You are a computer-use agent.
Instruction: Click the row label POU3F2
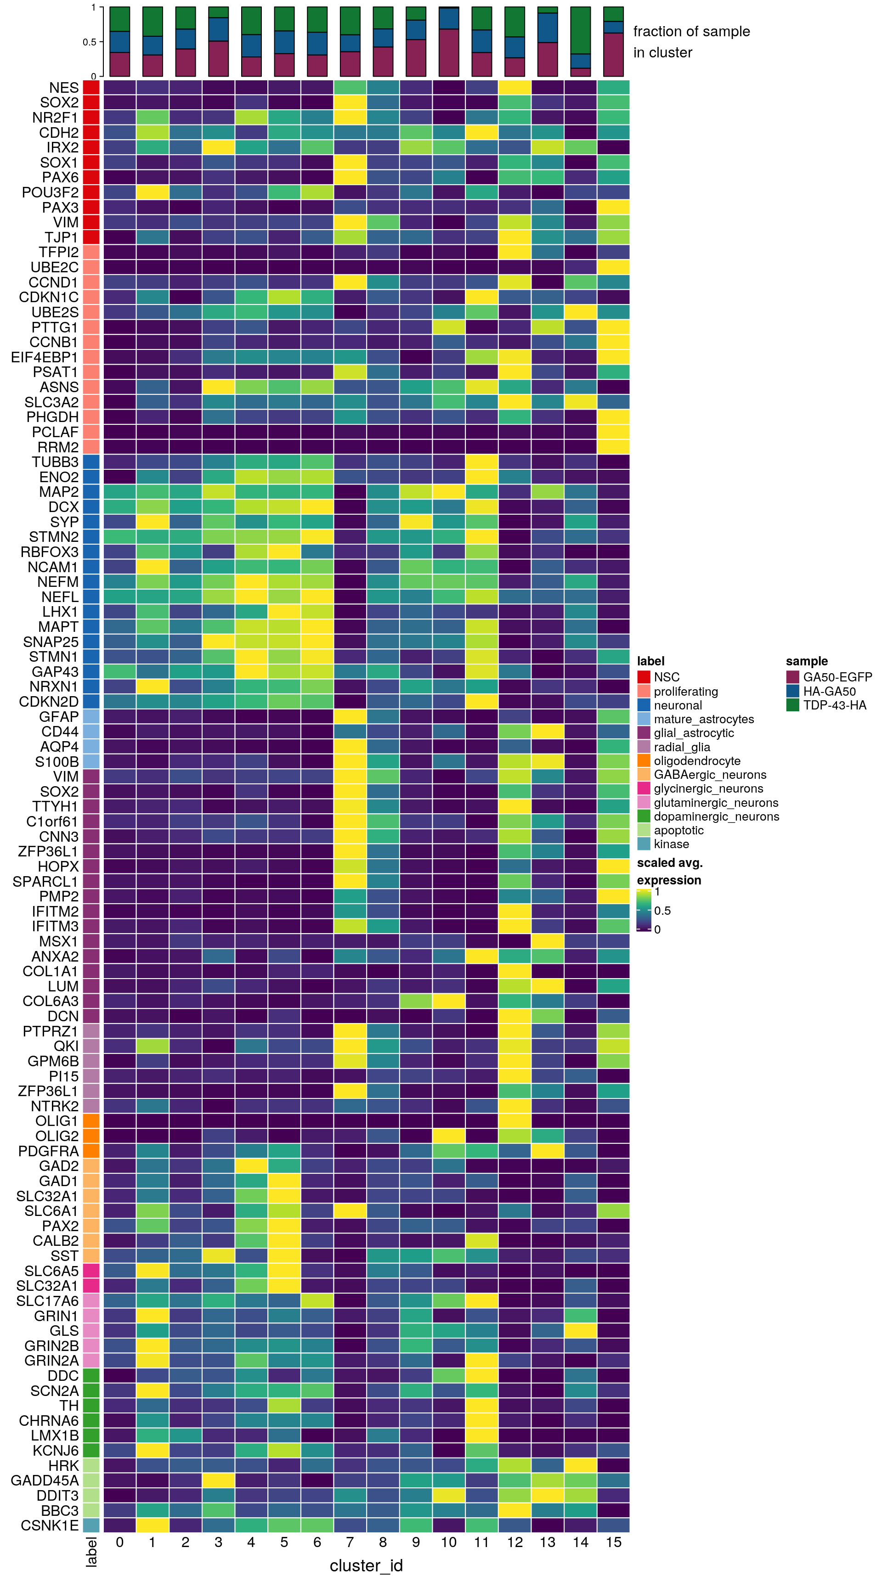click(x=50, y=192)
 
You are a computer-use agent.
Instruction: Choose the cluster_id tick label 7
click(x=350, y=1542)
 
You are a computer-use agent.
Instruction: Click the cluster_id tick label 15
click(x=613, y=1542)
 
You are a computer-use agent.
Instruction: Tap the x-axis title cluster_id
click(x=366, y=1565)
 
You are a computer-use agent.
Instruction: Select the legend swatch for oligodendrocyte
click(x=644, y=761)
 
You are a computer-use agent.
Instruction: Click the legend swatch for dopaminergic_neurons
click(x=644, y=816)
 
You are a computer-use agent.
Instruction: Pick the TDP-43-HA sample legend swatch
click(x=792, y=705)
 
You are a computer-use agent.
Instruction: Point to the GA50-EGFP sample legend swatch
click(x=792, y=677)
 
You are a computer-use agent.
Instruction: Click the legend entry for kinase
click(x=671, y=844)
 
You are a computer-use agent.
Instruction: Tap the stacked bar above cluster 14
click(x=581, y=41)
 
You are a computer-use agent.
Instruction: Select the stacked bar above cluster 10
click(x=449, y=41)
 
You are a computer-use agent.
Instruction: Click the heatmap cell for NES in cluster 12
click(x=514, y=88)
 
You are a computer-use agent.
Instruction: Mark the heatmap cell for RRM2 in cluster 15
click(x=613, y=447)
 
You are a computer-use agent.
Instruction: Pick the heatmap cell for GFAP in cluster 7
click(x=350, y=716)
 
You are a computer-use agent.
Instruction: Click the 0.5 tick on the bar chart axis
click(x=90, y=42)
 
